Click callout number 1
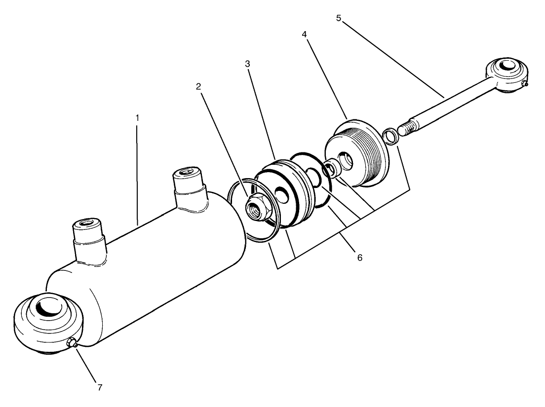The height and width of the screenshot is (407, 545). click(138, 118)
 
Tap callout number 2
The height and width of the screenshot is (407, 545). click(198, 86)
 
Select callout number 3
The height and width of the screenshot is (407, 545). click(247, 64)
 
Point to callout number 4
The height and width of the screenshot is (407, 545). click(305, 35)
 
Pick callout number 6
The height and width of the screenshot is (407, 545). click(359, 258)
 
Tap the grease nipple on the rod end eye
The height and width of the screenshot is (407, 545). click(525, 84)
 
